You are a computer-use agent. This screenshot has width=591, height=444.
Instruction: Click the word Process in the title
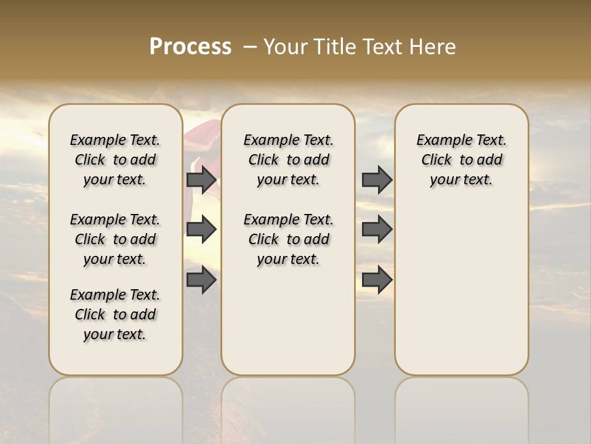click(x=190, y=47)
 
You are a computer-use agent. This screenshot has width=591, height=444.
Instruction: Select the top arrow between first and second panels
click(x=201, y=179)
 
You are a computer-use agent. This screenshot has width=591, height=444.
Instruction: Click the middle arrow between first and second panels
click(x=201, y=229)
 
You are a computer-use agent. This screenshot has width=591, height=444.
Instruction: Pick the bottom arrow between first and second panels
click(x=201, y=280)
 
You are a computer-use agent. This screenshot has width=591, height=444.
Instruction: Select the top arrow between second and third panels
click(x=377, y=179)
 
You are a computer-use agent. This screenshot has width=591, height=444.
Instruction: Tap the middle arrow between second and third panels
click(x=377, y=229)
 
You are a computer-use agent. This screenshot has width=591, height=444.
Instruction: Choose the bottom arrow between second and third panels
click(x=377, y=280)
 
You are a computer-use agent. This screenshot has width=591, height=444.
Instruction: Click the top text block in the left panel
click(x=115, y=160)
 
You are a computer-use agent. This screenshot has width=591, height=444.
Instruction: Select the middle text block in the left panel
click(x=115, y=239)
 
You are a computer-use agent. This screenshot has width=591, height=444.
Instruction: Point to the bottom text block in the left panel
click(x=115, y=314)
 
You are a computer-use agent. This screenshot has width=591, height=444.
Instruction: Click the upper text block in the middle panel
click(x=288, y=160)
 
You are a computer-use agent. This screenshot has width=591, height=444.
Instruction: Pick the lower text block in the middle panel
click(x=288, y=239)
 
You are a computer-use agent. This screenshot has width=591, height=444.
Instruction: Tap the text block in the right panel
click(x=462, y=160)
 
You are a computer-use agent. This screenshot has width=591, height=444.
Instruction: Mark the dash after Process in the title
click(x=250, y=47)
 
